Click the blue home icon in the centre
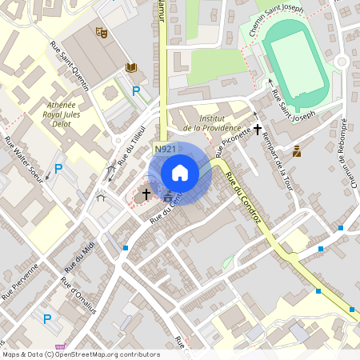pos(180,172)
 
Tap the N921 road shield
pos(166,150)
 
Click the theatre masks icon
pos(101,33)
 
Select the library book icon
pos(130,70)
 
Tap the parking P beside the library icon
pos(136,92)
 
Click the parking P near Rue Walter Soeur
pos(58,169)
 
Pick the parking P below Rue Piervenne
pos(46,318)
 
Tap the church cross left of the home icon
pos(146,194)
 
